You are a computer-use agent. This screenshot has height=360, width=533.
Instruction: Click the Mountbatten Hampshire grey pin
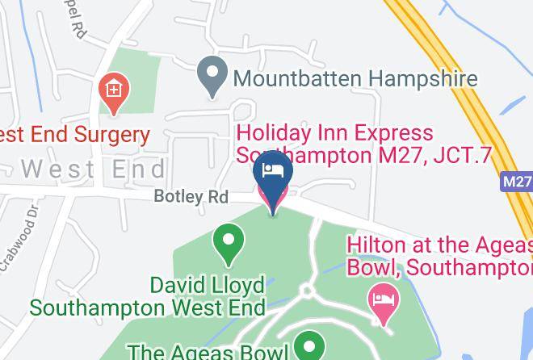coord(212,78)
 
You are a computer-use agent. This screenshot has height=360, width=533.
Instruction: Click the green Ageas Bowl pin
coord(308,349)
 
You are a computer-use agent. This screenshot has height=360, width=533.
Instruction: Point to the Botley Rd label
coord(191,197)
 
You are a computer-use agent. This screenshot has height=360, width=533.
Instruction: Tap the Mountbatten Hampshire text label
coord(355,78)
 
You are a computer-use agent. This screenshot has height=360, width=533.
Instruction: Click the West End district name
coord(93,170)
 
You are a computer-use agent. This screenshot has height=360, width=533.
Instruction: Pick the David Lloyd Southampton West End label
coord(148,296)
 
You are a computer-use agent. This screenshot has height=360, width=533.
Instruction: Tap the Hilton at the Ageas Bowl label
coord(440,254)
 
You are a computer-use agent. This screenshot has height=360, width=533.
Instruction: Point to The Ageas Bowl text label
coord(208,352)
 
